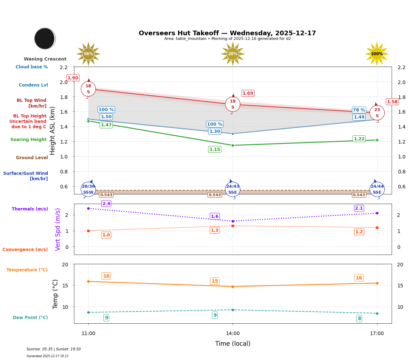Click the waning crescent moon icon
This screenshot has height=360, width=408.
point(45,38)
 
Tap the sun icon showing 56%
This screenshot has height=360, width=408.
point(88,54)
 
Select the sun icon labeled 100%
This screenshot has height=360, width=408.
point(377,54)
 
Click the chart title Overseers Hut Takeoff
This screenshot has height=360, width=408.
point(227,33)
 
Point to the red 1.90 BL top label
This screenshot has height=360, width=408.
point(73,78)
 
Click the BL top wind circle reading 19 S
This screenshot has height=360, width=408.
point(233,104)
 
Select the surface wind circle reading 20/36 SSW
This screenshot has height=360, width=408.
point(88,189)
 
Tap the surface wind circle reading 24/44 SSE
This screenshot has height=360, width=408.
point(377,189)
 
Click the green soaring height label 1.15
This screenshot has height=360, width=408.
point(214,150)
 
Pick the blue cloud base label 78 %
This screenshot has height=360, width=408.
point(359,110)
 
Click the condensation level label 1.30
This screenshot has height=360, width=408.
point(214,131)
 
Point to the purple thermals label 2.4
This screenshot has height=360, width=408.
point(106,204)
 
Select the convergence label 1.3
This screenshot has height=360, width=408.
point(214,230)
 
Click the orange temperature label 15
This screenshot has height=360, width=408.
point(214,281)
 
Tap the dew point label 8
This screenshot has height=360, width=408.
point(359,319)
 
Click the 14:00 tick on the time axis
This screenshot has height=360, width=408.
point(233,334)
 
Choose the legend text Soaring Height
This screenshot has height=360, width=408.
point(28,140)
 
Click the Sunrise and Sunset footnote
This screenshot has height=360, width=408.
point(54,349)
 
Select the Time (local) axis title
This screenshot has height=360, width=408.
point(233,344)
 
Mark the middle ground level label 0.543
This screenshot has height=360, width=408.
point(214,195)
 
